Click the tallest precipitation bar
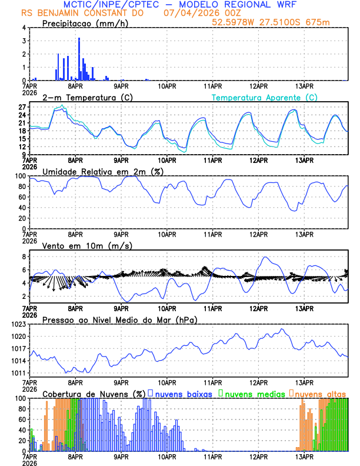click(79, 59)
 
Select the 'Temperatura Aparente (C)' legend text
click(265, 97)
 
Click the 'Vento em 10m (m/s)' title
click(86, 245)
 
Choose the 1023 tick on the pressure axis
click(17, 324)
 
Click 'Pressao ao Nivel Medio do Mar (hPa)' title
click(119, 319)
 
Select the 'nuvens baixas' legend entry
click(183, 393)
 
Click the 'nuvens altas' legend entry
click(321, 393)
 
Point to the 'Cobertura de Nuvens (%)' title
click(94, 393)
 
